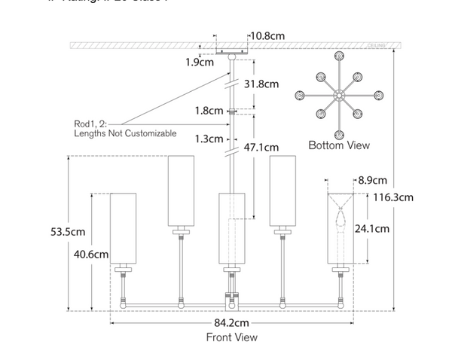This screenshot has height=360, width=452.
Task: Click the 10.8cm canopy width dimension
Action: [x=268, y=35]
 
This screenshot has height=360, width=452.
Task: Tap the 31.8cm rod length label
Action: [x=261, y=85]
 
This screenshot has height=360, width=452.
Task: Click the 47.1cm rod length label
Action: [x=261, y=148]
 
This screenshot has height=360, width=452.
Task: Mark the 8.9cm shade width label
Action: [x=372, y=180]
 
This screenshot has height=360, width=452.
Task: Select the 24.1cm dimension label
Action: [x=372, y=228]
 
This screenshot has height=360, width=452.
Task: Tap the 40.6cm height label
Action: [x=90, y=255]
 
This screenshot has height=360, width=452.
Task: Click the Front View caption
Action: [x=232, y=337]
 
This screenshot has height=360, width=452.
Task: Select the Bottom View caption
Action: [x=339, y=145]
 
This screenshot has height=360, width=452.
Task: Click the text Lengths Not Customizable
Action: [x=125, y=133]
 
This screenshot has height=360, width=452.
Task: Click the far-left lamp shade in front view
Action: [x=125, y=228]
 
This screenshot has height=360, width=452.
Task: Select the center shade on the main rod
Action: [x=232, y=228]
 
